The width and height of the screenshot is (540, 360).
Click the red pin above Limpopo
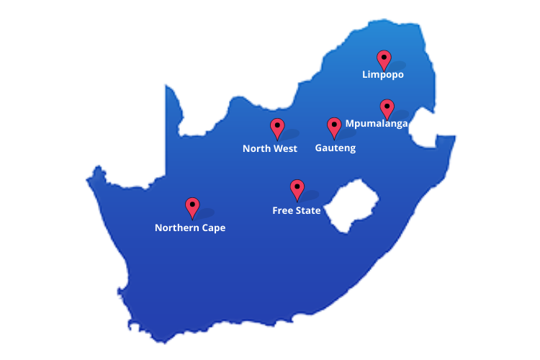pyautogui.click(x=384, y=60)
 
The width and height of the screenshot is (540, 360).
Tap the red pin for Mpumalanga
pyautogui.click(x=387, y=108)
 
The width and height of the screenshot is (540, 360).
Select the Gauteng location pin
pyautogui.click(x=334, y=127)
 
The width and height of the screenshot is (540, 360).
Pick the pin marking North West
pyautogui.click(x=277, y=127)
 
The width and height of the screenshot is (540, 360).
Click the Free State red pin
pyautogui.click(x=297, y=189)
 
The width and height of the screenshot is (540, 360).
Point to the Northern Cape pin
pyautogui.click(x=192, y=207)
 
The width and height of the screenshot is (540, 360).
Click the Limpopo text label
pyautogui.click(x=382, y=74)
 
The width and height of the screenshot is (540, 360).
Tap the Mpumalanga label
pyautogui.click(x=377, y=123)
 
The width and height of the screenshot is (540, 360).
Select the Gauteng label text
pyautogui.click(x=336, y=148)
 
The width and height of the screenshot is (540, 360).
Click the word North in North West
pyautogui.click(x=256, y=149)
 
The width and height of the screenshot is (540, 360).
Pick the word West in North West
pyautogui.click(x=284, y=149)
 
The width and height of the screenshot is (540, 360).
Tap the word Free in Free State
pyautogui.click(x=282, y=211)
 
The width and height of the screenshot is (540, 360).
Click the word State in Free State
pyautogui.click(x=308, y=211)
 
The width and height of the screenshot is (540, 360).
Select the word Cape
pyautogui.click(x=214, y=228)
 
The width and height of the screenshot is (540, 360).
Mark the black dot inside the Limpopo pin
pyautogui.click(x=384, y=56)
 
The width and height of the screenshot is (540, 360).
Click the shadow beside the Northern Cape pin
pyautogui.click(x=206, y=213)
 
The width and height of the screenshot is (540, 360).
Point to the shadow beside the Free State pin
pyautogui.click(x=310, y=195)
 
